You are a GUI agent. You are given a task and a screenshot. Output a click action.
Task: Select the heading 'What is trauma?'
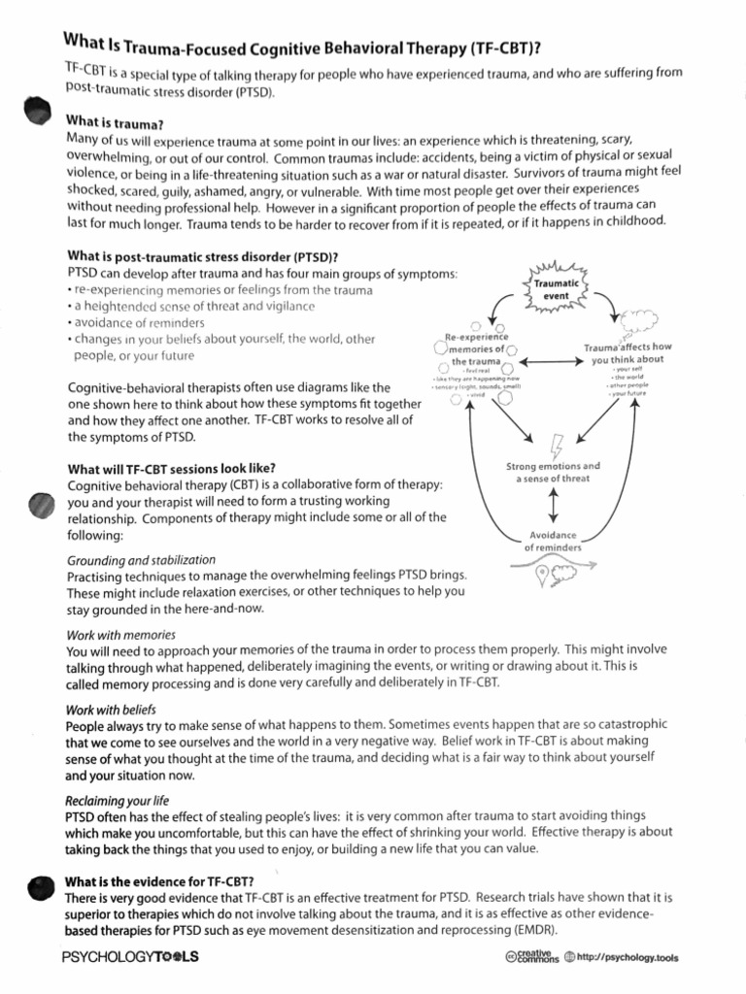(x=114, y=123)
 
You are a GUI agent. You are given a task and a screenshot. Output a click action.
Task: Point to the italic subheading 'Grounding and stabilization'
(x=141, y=561)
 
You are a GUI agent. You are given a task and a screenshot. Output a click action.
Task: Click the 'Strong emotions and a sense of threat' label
(x=554, y=472)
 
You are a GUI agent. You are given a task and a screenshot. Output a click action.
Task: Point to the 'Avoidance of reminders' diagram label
(x=553, y=542)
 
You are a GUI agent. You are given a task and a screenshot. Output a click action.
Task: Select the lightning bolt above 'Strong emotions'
(x=556, y=443)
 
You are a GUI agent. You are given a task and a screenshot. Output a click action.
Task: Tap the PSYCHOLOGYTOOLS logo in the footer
(x=130, y=957)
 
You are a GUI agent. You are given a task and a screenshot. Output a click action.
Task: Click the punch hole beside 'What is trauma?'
(x=36, y=112)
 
